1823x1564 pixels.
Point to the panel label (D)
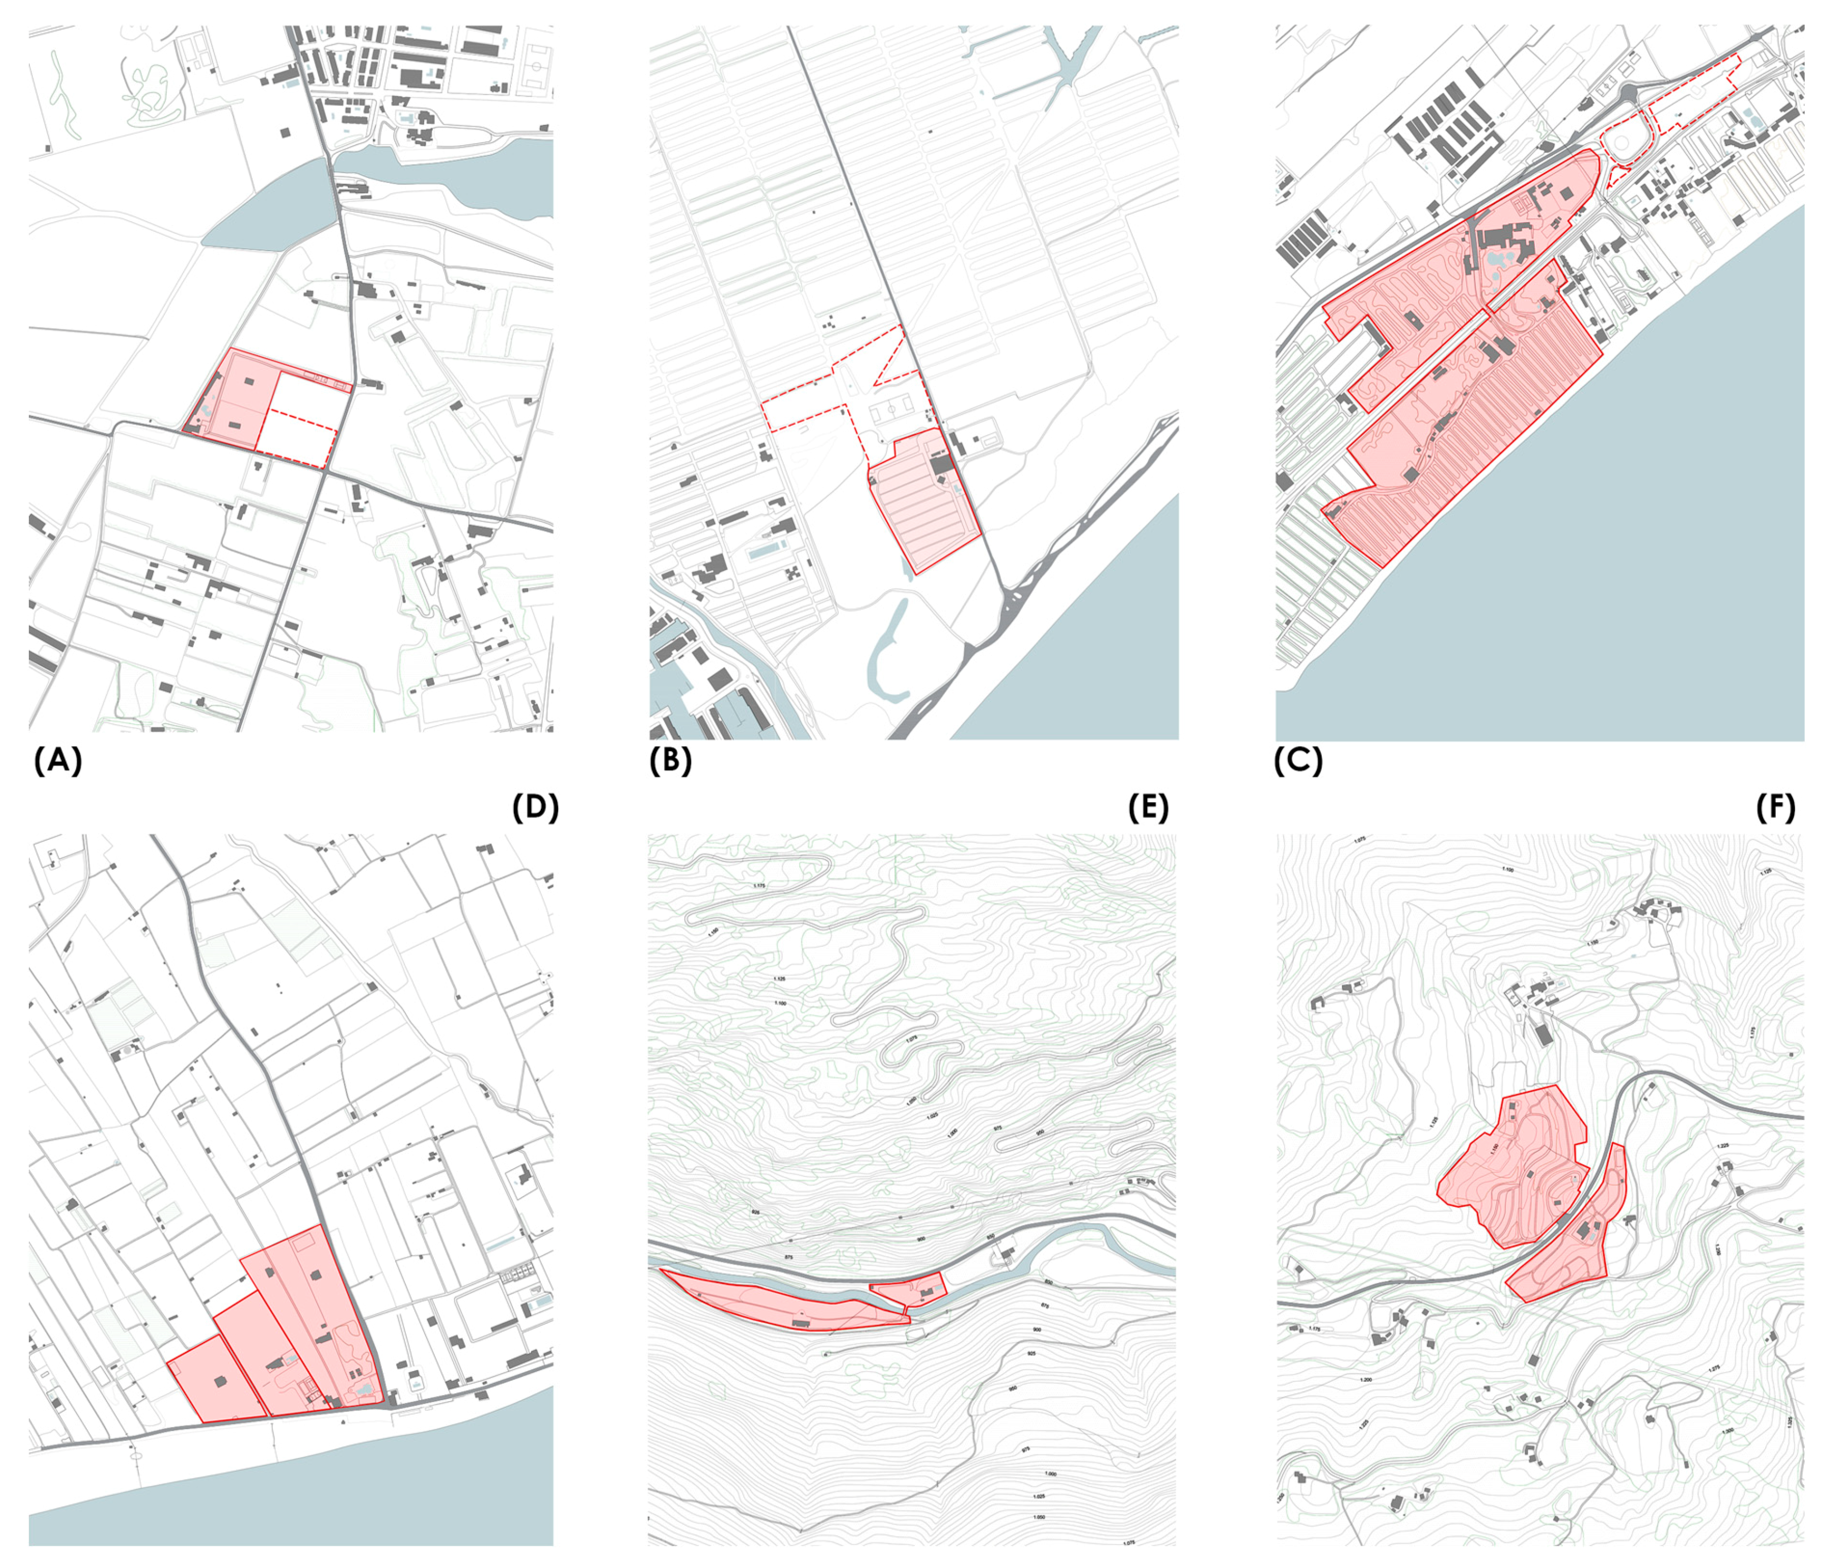535,807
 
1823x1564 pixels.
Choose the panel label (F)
1775,807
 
